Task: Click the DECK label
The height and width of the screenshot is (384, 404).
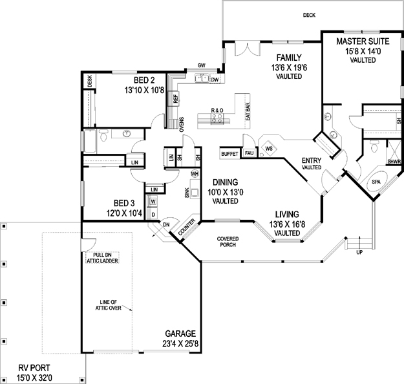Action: click(x=309, y=16)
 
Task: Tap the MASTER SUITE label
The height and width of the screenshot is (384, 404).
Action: click(x=363, y=41)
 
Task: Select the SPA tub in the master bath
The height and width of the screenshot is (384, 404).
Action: click(x=376, y=182)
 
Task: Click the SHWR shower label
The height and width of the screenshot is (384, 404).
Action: click(x=394, y=162)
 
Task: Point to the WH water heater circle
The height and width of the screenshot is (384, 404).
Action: click(x=195, y=174)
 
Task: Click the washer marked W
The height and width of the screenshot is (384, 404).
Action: click(x=153, y=201)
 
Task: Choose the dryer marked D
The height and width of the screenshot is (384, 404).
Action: click(x=153, y=215)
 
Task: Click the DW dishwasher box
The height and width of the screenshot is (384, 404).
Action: click(x=215, y=80)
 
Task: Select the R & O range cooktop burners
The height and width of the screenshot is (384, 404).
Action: click(x=217, y=118)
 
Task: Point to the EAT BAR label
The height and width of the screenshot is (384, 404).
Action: click(x=248, y=112)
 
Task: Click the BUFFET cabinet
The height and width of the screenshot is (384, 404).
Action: click(x=230, y=154)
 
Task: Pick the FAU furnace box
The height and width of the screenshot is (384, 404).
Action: click(x=249, y=153)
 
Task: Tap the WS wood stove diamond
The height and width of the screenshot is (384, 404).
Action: click(x=269, y=149)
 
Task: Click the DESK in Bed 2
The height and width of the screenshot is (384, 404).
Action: click(x=89, y=81)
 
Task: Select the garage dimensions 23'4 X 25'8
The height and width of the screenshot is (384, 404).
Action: click(x=180, y=344)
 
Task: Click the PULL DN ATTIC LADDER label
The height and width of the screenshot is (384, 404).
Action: click(x=102, y=258)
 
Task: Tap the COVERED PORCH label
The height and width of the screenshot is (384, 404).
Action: click(x=228, y=242)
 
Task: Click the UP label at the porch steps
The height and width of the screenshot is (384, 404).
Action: click(x=359, y=253)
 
